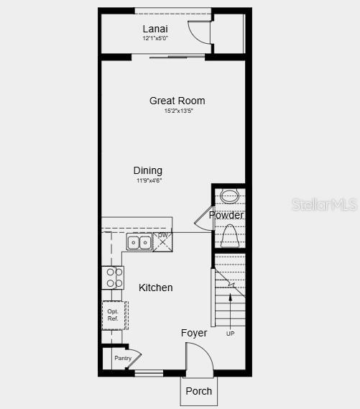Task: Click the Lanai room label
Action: click(x=155, y=29)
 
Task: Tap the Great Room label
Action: click(x=177, y=101)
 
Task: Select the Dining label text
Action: click(x=148, y=170)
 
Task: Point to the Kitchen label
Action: click(x=156, y=288)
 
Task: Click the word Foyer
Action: click(x=194, y=333)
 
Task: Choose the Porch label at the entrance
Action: click(x=199, y=391)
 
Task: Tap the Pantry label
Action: click(x=123, y=358)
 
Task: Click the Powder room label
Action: click(x=226, y=215)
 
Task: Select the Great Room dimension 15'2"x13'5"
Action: click(x=178, y=111)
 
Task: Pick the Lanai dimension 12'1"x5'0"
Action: click(x=155, y=38)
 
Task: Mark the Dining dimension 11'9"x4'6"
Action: click(x=149, y=180)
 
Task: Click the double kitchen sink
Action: click(x=139, y=242)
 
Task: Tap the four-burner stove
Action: click(x=114, y=277)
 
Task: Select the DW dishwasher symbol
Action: click(x=164, y=241)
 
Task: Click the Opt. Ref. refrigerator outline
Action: click(x=114, y=315)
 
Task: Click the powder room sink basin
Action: click(x=230, y=196)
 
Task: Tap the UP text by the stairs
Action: click(x=230, y=334)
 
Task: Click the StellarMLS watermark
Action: click(x=325, y=204)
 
